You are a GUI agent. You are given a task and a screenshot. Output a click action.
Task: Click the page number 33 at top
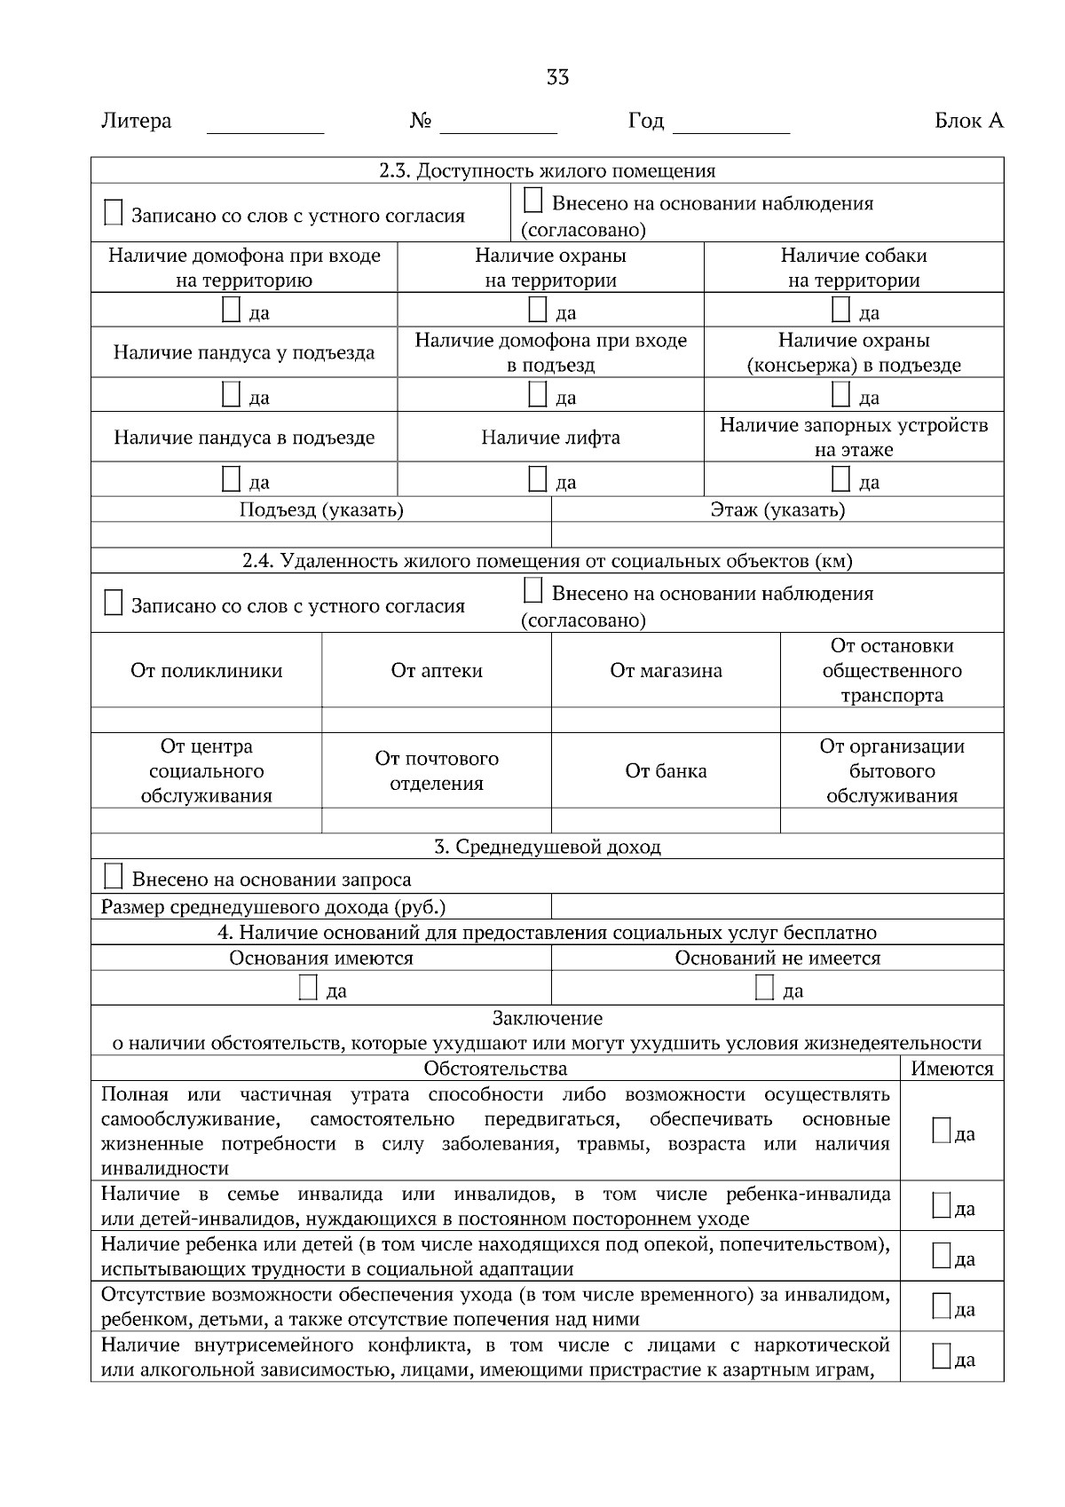coord(556,77)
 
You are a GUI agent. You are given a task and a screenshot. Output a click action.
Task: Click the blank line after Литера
coord(264,124)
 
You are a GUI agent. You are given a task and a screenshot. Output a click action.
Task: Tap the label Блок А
coord(968,121)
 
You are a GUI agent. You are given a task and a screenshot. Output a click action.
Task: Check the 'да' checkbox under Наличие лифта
coord(537,480)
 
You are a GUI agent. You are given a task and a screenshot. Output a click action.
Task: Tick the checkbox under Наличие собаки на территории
coord(840,311)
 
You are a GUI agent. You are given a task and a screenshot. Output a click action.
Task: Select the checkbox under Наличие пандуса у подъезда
coord(231,395)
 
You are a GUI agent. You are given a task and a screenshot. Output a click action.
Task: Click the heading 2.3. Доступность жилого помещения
coord(547,170)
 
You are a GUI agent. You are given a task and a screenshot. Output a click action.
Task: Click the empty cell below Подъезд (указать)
coord(320,535)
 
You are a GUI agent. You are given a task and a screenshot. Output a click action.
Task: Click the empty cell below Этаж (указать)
coord(777,535)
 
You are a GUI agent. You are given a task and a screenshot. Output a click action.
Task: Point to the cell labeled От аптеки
coord(437,671)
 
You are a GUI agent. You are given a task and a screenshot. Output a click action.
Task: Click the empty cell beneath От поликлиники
coord(206,720)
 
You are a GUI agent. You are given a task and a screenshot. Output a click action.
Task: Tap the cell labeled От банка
coord(666,771)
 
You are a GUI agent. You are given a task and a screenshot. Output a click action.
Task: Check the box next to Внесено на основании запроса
coord(113,877)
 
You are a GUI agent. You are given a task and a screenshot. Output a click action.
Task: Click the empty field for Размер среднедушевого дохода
coord(777,907)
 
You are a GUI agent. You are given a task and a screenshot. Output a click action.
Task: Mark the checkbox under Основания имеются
coord(308,989)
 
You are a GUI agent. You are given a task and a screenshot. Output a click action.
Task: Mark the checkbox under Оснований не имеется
coord(764,989)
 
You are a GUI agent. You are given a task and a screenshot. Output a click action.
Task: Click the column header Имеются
coord(951,1069)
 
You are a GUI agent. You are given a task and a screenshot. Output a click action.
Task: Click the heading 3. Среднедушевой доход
coord(547,847)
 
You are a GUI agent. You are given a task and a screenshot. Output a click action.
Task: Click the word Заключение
coord(547,1019)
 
